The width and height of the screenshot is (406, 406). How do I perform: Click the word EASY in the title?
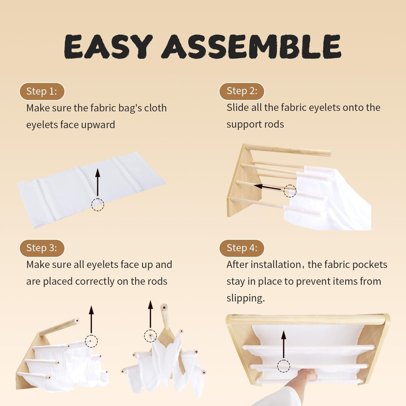(x=108, y=47)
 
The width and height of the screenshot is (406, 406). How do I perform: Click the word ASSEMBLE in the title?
(x=251, y=47)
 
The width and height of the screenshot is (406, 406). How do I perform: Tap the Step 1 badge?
(x=42, y=91)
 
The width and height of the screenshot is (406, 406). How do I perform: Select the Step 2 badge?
(x=242, y=91)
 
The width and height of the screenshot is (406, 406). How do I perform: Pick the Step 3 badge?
(x=42, y=248)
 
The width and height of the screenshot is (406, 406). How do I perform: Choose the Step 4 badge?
(x=242, y=248)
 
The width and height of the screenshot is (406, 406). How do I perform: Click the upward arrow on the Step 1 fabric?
(x=98, y=182)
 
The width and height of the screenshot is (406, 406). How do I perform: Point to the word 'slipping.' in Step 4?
(x=246, y=298)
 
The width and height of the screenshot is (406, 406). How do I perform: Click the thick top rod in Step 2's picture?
(x=288, y=150)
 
